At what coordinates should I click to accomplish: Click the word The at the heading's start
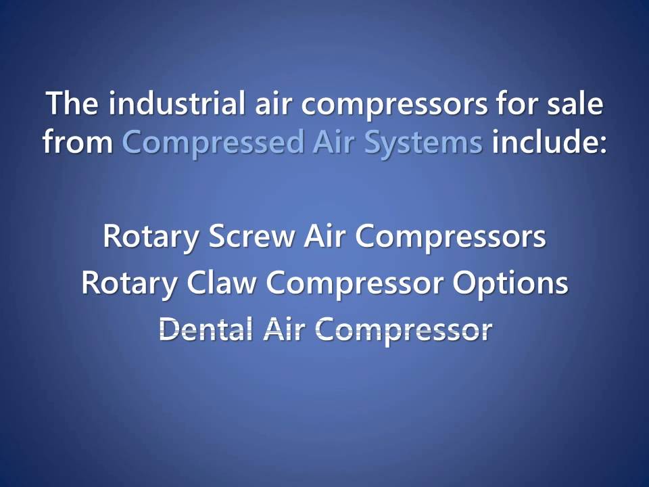(72, 105)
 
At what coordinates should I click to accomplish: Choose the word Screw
(252, 237)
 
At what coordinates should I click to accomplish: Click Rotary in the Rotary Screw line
(151, 237)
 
